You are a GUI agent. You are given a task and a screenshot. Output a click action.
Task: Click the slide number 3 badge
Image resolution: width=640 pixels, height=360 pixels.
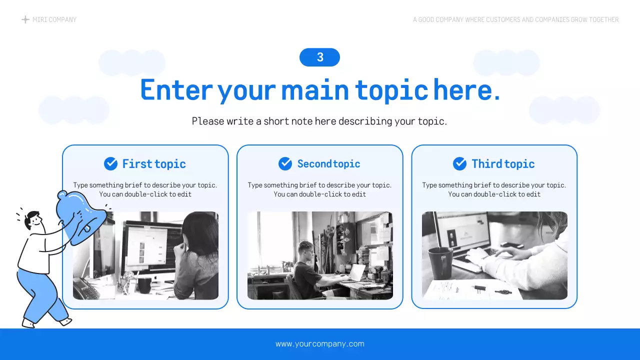click(319, 57)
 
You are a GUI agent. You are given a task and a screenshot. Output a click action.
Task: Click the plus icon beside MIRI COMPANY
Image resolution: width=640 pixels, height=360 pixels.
click(25, 19)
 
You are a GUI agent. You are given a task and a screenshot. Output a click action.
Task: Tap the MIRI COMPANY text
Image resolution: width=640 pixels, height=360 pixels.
click(54, 19)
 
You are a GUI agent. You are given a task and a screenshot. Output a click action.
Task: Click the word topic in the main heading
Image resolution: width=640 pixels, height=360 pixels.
click(391, 90)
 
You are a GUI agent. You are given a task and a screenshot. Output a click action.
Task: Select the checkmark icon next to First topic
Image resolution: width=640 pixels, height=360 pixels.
click(110, 163)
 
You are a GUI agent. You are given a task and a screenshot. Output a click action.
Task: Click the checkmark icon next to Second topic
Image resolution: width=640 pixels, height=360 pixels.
click(285, 163)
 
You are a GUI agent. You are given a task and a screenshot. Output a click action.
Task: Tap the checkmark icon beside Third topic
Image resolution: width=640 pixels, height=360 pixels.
click(459, 163)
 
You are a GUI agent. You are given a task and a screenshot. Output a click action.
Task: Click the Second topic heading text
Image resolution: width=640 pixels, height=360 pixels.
click(328, 164)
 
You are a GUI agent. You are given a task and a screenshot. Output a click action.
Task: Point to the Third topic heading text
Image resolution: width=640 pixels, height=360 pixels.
click(503, 164)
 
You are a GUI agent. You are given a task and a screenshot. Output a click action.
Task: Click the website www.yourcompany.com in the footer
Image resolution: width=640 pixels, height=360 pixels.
click(320, 344)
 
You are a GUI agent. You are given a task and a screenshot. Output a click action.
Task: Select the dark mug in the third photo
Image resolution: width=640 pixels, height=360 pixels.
click(440, 262)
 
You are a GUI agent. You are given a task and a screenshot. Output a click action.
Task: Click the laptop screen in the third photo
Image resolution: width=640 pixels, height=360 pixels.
click(462, 232)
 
